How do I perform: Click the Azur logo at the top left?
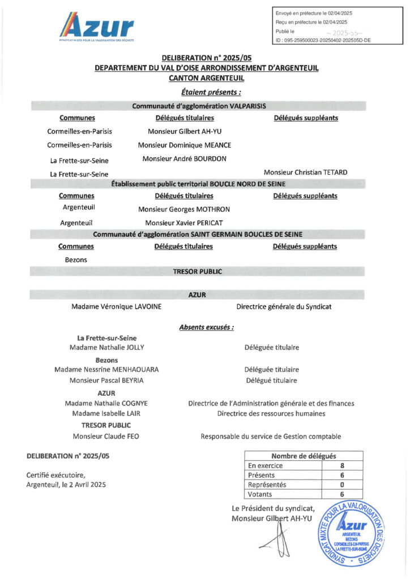pyautogui.click(x=97, y=28)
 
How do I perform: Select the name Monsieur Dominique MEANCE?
pyautogui.click(x=185, y=145)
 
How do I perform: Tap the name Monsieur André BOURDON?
pyautogui.click(x=185, y=159)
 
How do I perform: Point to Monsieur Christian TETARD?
pyautogui.click(x=305, y=172)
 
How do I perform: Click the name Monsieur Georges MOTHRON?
pyautogui.click(x=184, y=209)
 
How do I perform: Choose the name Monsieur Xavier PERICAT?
pyautogui.click(x=184, y=223)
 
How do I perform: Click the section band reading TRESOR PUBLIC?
pyautogui.click(x=198, y=271)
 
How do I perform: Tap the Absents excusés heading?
pyautogui.click(x=207, y=327)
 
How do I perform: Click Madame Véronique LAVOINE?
pyautogui.click(x=117, y=306)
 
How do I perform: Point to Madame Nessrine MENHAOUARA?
pyautogui.click(x=106, y=369)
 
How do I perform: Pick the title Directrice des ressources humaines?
pyautogui.click(x=271, y=413)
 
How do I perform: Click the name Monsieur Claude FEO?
pyautogui.click(x=106, y=436)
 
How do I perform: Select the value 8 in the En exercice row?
pyautogui.click(x=342, y=466)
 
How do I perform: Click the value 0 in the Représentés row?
pyautogui.click(x=342, y=485)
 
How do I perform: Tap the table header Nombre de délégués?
pyautogui.click(x=304, y=456)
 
